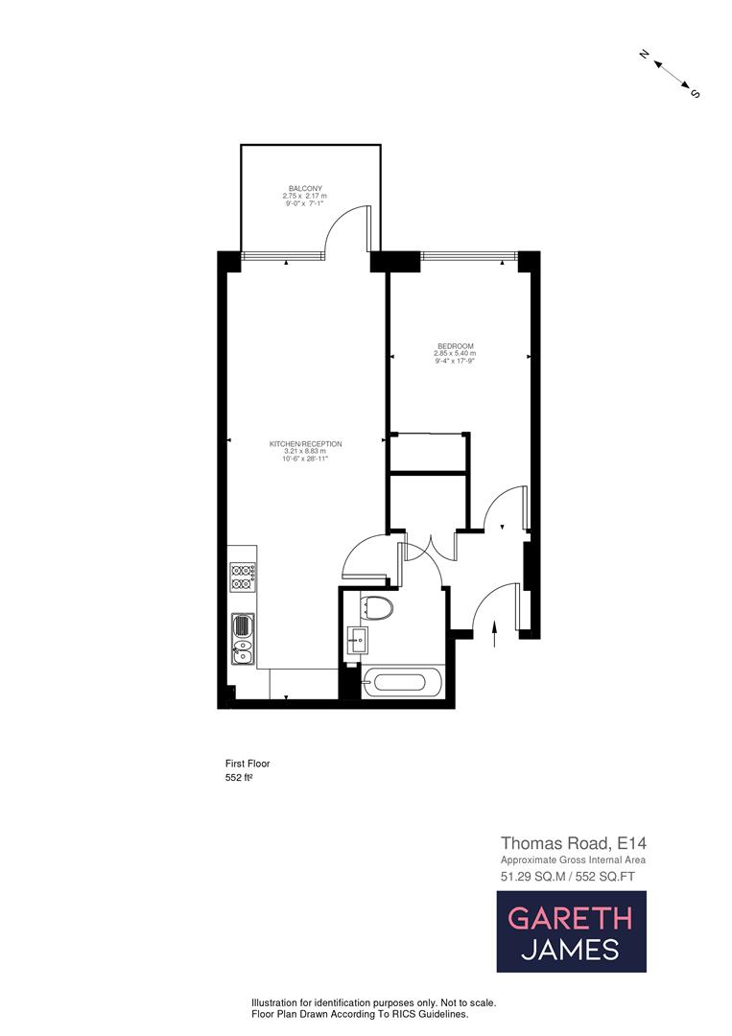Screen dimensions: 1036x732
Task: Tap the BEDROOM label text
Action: point(456,346)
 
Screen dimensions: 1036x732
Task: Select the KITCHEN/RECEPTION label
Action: point(306,443)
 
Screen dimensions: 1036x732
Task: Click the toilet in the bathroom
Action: point(379,607)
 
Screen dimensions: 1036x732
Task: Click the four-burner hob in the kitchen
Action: point(242,577)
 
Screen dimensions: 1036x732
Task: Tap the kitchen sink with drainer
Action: point(242,639)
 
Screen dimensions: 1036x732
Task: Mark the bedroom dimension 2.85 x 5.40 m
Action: point(455,354)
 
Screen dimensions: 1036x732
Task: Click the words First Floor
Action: point(248,764)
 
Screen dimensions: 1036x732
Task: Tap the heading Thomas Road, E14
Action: point(568,843)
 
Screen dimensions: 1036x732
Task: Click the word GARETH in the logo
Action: point(570,917)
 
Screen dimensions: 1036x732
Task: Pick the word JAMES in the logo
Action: point(570,950)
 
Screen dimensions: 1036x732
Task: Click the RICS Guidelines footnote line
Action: point(360,1014)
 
